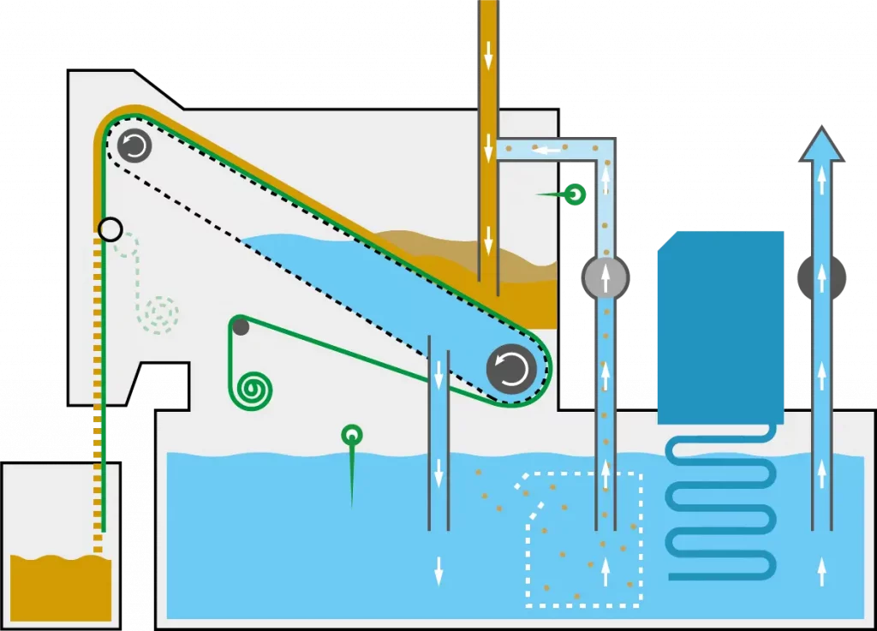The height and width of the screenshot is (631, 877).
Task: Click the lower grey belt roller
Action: click(x=511, y=369)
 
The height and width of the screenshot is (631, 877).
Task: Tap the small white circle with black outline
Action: click(x=110, y=229)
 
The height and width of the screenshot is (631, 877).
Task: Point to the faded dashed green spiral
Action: click(x=159, y=313)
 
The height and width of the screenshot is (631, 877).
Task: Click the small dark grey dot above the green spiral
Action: click(x=241, y=326)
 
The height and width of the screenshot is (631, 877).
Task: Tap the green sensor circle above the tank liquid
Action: click(x=351, y=436)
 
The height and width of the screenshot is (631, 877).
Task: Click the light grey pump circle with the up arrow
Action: click(x=606, y=277)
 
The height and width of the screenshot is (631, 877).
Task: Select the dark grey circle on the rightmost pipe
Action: click(x=821, y=277)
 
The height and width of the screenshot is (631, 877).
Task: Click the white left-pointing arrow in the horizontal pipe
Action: click(x=547, y=150)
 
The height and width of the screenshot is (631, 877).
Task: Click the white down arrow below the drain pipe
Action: click(x=438, y=569)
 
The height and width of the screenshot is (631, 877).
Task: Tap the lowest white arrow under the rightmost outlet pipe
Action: click(x=821, y=569)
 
